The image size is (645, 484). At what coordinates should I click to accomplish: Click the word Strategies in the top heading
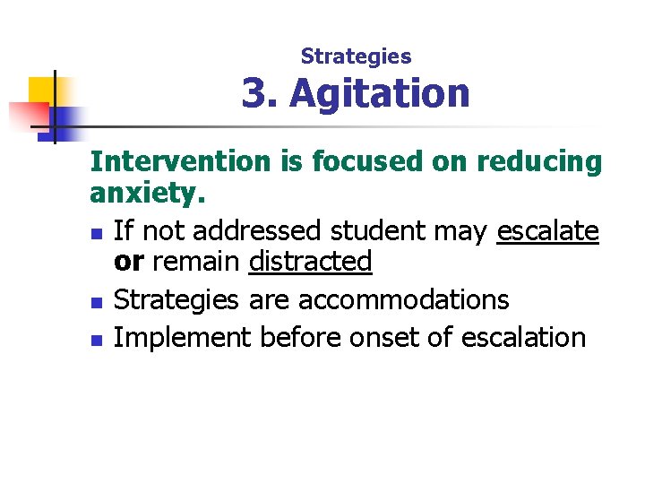click(356, 56)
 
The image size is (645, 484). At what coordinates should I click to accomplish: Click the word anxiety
click(148, 193)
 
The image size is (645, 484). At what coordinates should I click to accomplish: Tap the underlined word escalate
click(546, 230)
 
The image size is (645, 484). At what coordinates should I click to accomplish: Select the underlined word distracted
click(310, 262)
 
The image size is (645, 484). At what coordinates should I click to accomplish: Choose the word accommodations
click(403, 299)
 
